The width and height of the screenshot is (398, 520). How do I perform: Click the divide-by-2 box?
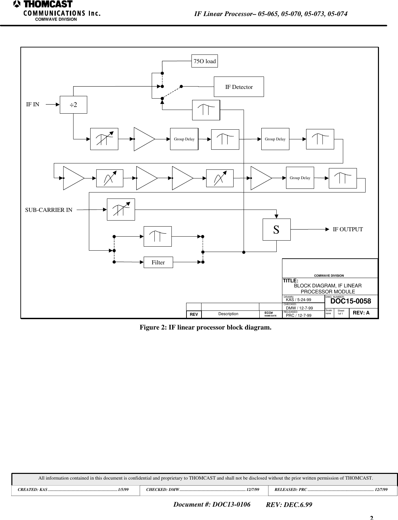click(x=73, y=105)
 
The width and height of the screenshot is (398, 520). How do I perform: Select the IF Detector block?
click(x=239, y=87)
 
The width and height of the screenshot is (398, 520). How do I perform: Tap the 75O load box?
click(x=205, y=61)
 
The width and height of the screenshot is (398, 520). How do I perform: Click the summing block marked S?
click(x=276, y=230)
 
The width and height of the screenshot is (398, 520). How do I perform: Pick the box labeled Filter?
click(x=158, y=262)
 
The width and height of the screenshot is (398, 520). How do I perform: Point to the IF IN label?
click(x=33, y=104)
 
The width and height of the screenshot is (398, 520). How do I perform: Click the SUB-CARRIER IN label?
click(x=49, y=210)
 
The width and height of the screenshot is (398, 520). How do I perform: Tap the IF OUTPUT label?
click(x=348, y=229)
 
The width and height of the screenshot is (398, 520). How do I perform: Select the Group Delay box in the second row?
click(x=300, y=178)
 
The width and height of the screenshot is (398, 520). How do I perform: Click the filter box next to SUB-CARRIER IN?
click(x=121, y=210)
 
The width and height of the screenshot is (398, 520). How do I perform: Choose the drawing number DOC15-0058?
click(x=350, y=301)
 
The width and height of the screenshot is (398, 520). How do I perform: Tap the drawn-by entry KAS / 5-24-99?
click(x=299, y=300)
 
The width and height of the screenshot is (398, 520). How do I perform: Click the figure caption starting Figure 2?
click(x=206, y=327)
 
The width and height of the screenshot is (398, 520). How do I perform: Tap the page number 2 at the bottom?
click(x=371, y=518)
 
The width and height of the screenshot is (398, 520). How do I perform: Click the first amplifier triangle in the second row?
click(x=73, y=178)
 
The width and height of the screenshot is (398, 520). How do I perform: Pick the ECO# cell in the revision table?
click(x=270, y=314)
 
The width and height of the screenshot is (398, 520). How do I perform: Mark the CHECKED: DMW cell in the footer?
click(x=203, y=489)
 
